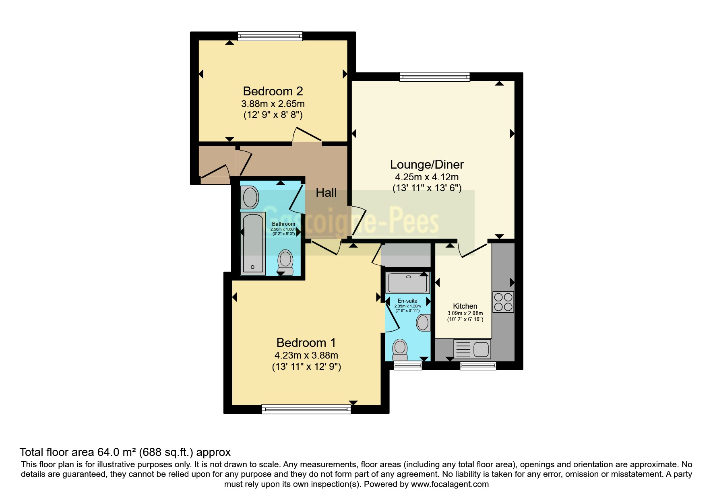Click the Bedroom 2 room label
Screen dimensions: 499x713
click(x=273, y=91)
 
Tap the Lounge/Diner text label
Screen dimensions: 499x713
click(x=427, y=164)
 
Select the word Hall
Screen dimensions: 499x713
click(x=326, y=193)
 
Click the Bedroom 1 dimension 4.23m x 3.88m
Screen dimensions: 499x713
click(x=306, y=355)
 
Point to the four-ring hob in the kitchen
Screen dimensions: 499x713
click(x=503, y=302)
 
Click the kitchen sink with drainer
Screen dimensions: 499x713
click(x=472, y=349)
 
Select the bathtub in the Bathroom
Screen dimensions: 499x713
click(x=252, y=243)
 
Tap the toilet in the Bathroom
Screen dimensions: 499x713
click(x=285, y=262)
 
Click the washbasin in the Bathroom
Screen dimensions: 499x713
click(x=250, y=197)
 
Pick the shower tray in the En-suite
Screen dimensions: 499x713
click(x=407, y=282)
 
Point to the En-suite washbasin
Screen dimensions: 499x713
click(x=423, y=322)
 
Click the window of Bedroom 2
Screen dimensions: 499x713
click(x=270, y=37)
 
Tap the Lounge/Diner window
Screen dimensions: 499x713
click(x=434, y=77)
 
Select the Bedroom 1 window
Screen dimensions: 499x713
click(x=306, y=409)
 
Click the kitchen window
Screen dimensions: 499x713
click(x=478, y=365)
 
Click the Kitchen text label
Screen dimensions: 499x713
click(x=465, y=306)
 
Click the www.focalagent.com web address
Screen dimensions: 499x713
click(x=450, y=484)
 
